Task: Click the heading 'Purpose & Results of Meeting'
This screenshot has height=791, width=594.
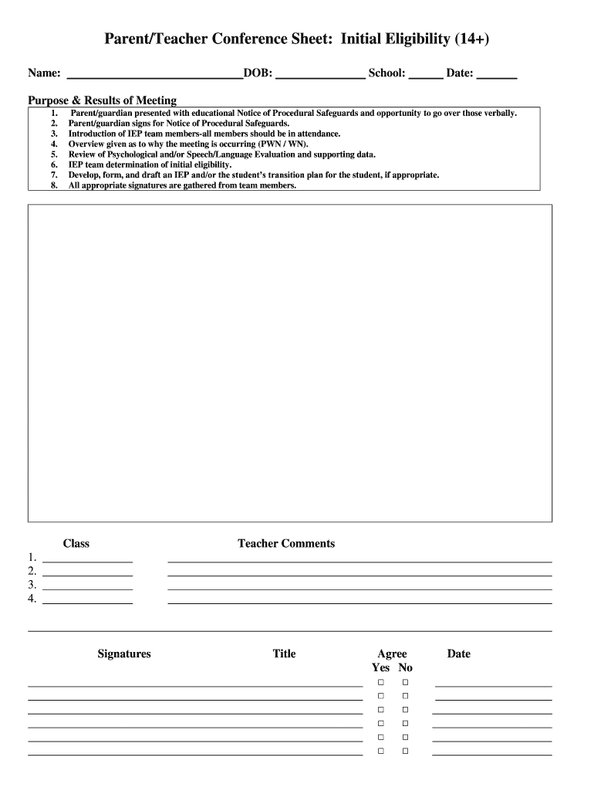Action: click(x=103, y=100)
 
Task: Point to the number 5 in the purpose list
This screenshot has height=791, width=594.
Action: click(x=54, y=154)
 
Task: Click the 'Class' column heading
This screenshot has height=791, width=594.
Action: click(x=76, y=544)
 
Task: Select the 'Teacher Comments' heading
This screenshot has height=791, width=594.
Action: click(x=286, y=544)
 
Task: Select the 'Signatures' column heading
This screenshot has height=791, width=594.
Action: click(x=124, y=654)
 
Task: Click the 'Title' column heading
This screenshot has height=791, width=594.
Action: click(x=284, y=654)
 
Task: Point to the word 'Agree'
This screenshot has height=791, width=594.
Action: click(x=392, y=654)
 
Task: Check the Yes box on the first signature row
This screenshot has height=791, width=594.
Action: click(x=380, y=684)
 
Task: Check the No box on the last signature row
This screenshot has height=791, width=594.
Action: click(x=404, y=751)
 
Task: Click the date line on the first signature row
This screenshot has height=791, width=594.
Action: click(x=493, y=684)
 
